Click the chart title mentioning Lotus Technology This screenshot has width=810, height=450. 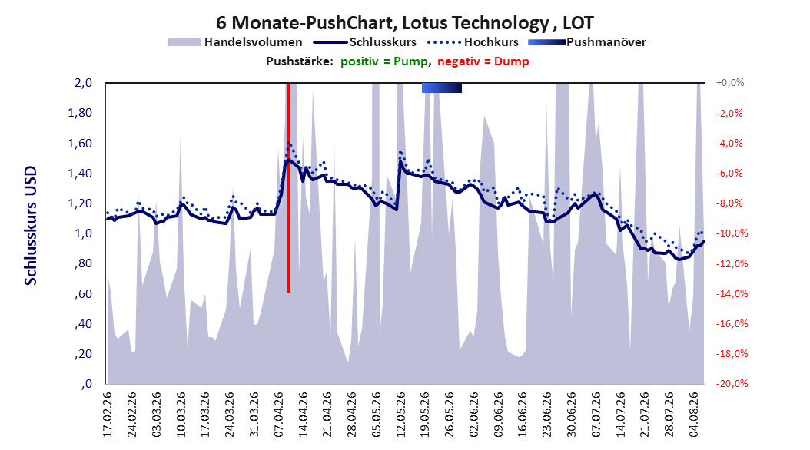pos(404,23)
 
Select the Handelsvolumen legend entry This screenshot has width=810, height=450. pos(236,42)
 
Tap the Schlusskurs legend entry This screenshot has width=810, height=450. pos(365,42)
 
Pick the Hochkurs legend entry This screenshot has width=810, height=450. pos(473,42)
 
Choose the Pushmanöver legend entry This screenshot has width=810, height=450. pos(587,42)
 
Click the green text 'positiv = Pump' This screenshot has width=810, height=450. pos(384,61)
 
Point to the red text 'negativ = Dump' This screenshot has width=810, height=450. pos(483,61)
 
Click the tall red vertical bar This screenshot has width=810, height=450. pos(288,188)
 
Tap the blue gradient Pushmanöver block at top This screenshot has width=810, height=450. pos(442,88)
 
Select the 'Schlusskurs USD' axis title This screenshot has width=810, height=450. pos(31,225)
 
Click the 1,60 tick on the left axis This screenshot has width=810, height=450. pos(80,143)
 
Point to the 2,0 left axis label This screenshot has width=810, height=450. pos(83,83)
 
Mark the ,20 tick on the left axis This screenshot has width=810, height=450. pos(83,353)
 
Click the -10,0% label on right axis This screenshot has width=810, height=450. pos(732,233)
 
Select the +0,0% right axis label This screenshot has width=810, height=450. pos(730,83)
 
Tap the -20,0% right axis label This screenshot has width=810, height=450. pos(732,383)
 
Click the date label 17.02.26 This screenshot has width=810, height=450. pos(108,415)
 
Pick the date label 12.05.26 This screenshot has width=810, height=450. pos(401,415)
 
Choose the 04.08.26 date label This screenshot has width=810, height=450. pos(694,415)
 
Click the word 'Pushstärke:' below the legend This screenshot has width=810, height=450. pos(300,61)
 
